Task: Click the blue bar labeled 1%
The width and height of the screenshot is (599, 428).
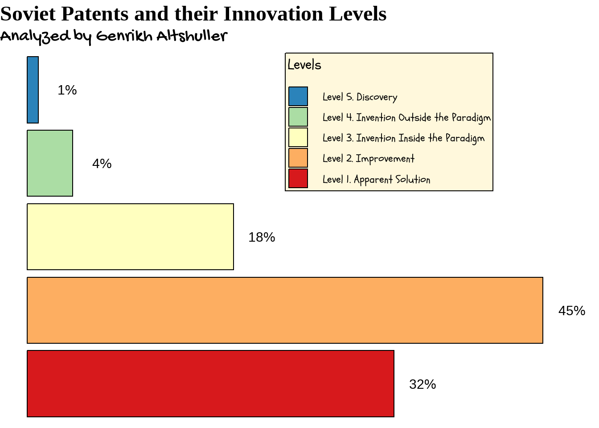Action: [x=33, y=90]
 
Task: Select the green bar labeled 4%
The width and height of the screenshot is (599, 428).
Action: [x=50, y=163]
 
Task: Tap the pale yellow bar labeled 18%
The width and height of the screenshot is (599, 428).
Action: [x=130, y=237]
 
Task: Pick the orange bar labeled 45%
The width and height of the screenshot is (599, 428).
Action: [x=285, y=310]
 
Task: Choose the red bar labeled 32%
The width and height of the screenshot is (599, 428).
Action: [x=210, y=384]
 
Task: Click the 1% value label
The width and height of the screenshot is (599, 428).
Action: [x=67, y=90]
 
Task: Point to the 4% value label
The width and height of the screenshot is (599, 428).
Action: [x=102, y=164]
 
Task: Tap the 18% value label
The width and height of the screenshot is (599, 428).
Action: [x=262, y=237]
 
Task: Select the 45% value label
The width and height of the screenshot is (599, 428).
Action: [x=572, y=311]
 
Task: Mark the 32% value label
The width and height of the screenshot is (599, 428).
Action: [x=423, y=384]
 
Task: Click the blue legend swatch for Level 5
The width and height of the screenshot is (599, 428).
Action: [x=298, y=96]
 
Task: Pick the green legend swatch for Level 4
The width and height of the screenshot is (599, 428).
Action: [x=298, y=117]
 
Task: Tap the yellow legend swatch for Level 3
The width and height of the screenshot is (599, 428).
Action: [x=298, y=137]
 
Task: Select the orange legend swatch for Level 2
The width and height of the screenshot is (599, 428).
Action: [x=298, y=158]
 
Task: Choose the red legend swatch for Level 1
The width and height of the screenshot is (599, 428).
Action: [x=298, y=178]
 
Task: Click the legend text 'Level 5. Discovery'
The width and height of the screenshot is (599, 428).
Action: [x=360, y=97]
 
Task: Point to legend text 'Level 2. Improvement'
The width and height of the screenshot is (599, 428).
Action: [x=368, y=159]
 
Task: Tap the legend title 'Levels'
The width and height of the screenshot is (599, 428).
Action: [x=304, y=65]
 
